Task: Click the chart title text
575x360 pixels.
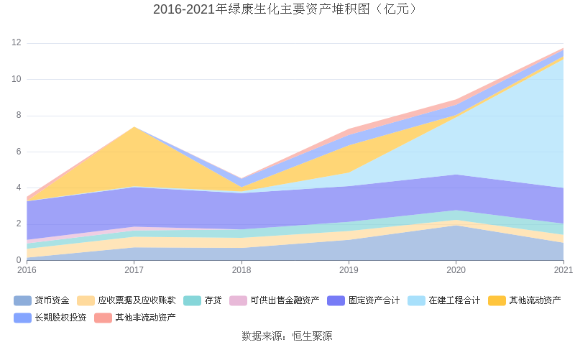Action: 287,9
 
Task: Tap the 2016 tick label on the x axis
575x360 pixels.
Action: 27,270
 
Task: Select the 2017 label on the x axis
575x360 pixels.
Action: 134,270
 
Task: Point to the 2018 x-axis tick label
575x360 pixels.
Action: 241,270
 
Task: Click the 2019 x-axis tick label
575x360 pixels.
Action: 349,270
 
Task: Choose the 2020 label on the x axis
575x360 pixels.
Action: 456,270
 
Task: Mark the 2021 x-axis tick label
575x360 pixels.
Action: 563,270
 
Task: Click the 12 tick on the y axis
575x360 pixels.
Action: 16,43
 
